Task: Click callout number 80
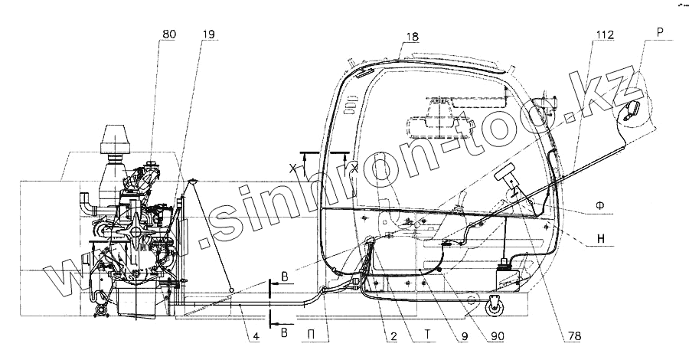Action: click(168, 34)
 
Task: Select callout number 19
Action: click(210, 34)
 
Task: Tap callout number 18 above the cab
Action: click(412, 37)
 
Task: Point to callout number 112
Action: click(605, 34)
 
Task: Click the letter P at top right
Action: click(660, 32)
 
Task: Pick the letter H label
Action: click(601, 239)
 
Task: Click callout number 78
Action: click(574, 336)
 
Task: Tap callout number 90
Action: click(497, 336)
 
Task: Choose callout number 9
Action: click(465, 336)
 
